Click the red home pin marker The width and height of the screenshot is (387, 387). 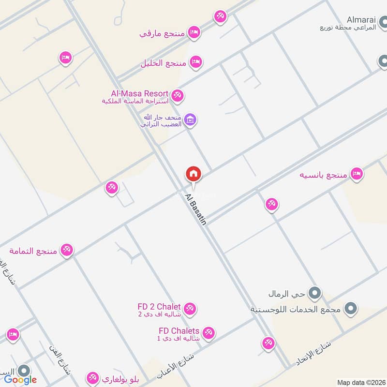(x=193, y=174)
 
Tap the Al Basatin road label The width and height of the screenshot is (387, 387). (x=196, y=209)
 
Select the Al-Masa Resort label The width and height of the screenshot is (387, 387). (x=139, y=93)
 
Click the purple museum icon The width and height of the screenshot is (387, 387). (x=190, y=120)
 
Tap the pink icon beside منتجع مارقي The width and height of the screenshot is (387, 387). (x=194, y=32)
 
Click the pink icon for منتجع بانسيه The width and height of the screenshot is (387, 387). (x=357, y=174)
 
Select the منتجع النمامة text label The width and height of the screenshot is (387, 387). (x=33, y=251)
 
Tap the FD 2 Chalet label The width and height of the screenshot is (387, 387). (x=159, y=307)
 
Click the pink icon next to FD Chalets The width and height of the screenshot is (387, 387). (x=208, y=333)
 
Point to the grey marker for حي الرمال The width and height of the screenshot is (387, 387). (x=315, y=293)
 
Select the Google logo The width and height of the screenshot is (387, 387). (x=20, y=380)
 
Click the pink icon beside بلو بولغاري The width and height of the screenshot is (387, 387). (x=92, y=378)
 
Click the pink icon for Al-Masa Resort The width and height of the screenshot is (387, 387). (x=178, y=96)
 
